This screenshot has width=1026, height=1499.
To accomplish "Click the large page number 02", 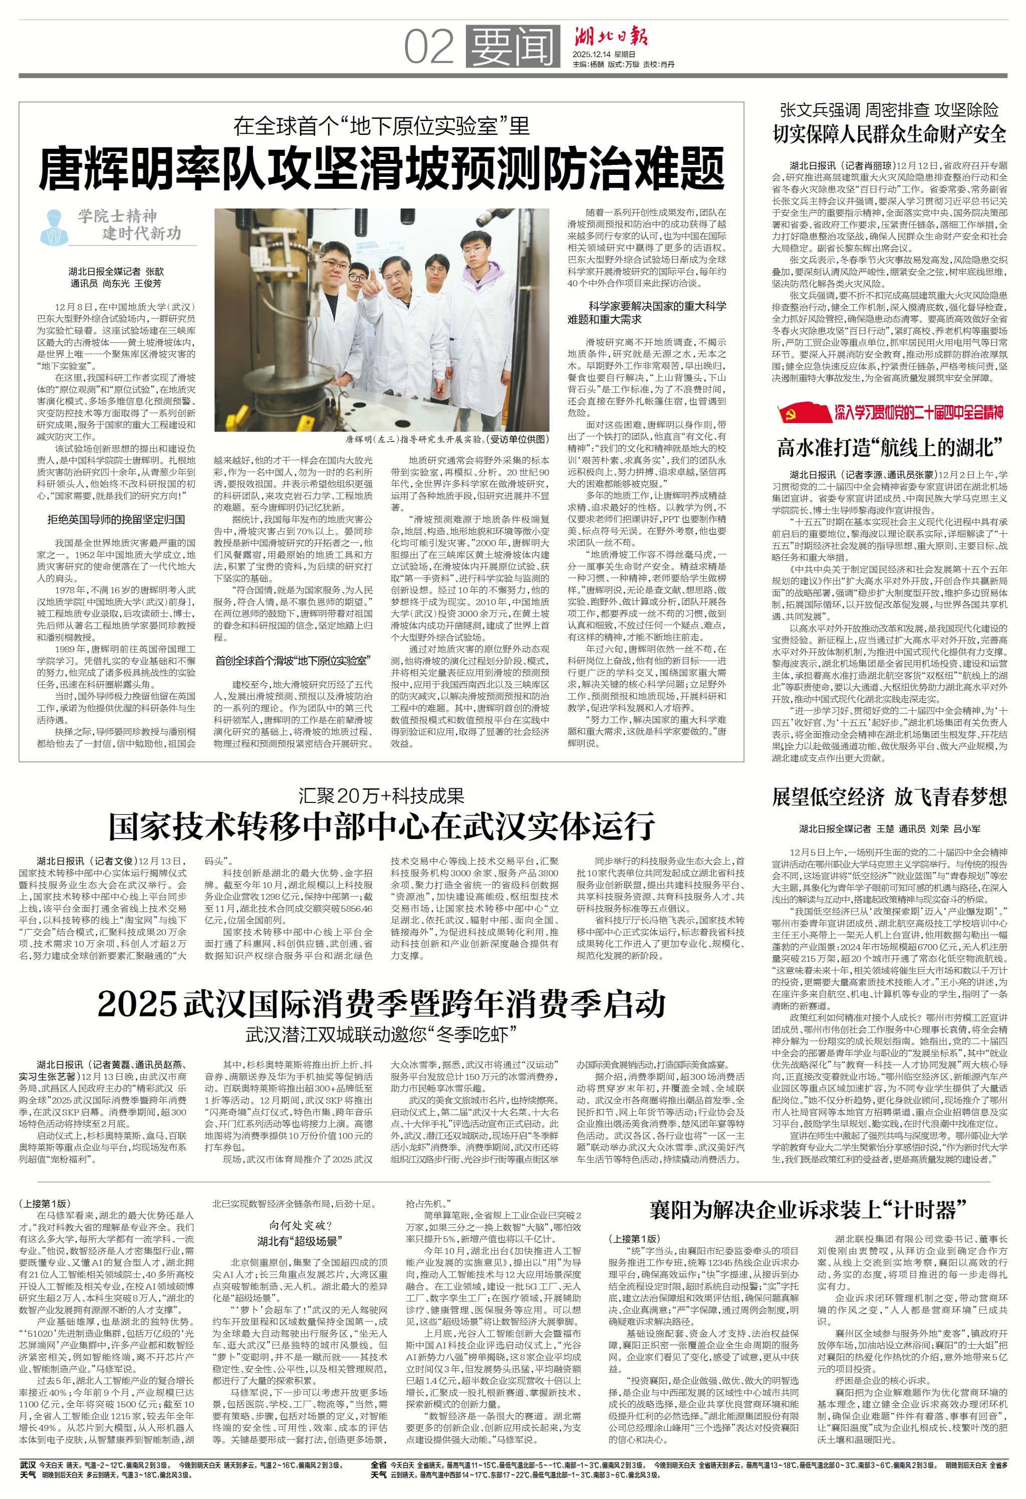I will [429, 47].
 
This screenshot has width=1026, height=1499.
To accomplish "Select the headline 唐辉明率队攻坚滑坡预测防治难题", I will [381, 168].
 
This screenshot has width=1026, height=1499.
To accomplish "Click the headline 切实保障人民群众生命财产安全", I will [890, 134].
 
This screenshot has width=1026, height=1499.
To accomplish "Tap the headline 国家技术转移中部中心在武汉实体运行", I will [381, 826].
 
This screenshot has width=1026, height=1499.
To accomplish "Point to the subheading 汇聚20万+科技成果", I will [381, 796].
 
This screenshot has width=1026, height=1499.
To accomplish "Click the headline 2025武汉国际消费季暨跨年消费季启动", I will [381, 1003].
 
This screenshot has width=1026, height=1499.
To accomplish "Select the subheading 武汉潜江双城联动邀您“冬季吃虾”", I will [381, 1034].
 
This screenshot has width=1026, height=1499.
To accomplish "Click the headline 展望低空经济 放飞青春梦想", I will [890, 797].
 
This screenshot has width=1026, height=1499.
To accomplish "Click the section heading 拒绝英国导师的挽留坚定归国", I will [116, 519].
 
